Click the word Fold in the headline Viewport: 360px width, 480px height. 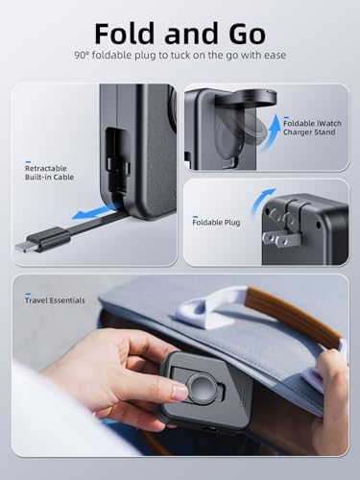126,34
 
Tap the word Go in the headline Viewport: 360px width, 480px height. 248,34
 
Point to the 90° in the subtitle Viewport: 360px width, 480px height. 82,55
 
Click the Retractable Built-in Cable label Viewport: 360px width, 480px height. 49,173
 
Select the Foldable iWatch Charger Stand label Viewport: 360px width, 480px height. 312,128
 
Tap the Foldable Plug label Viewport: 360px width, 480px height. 216,223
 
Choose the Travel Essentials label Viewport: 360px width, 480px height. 55,300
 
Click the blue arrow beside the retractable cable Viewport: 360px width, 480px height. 93,213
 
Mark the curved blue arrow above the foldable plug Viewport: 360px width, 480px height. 260,199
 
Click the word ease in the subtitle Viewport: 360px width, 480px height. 275,56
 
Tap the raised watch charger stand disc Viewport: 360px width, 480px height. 246,99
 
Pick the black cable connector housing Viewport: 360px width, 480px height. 49,237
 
